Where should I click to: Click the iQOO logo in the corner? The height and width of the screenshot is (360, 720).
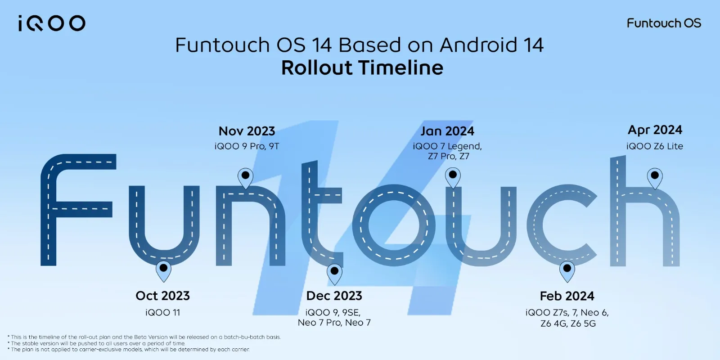pyautogui.click(x=52, y=23)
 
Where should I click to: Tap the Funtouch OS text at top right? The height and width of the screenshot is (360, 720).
pyautogui.click(x=664, y=23)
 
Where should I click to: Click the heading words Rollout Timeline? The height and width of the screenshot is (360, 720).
pyautogui.click(x=362, y=68)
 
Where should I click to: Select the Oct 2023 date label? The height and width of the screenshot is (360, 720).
pyautogui.click(x=163, y=296)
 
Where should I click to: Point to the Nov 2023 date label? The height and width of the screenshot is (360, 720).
pyautogui.click(x=247, y=131)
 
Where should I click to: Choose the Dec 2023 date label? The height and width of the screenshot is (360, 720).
pyautogui.click(x=334, y=296)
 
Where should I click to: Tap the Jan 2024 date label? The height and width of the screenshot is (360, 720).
pyautogui.click(x=447, y=131)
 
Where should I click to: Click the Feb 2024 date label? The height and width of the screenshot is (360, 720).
pyautogui.click(x=567, y=296)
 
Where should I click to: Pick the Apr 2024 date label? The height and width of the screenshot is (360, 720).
pyautogui.click(x=655, y=130)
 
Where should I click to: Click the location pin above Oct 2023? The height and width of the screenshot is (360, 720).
pyautogui.click(x=163, y=270)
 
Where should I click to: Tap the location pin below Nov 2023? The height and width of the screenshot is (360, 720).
pyautogui.click(x=245, y=177)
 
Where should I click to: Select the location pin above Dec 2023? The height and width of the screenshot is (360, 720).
pyautogui.click(x=334, y=273)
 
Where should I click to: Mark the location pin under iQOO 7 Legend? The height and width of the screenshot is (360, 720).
pyautogui.click(x=453, y=177)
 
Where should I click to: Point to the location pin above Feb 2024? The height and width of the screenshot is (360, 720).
pyautogui.click(x=567, y=270)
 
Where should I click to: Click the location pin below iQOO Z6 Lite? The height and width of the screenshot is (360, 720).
pyautogui.click(x=655, y=177)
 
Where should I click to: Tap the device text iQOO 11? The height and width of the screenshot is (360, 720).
pyautogui.click(x=163, y=312)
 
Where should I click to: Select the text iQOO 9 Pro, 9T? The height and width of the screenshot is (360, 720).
pyautogui.click(x=247, y=146)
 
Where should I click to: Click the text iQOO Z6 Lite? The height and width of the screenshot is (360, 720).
pyautogui.click(x=655, y=146)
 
